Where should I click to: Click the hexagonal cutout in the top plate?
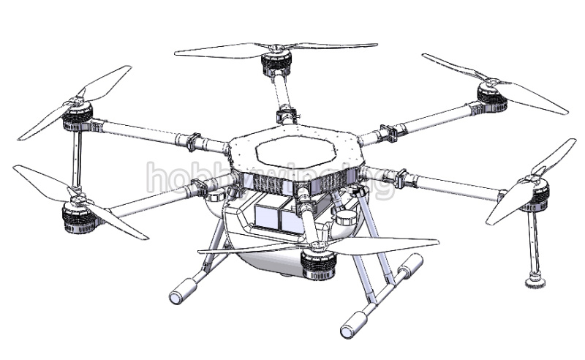click(x=294, y=152)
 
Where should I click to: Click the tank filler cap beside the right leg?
click(x=346, y=217)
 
